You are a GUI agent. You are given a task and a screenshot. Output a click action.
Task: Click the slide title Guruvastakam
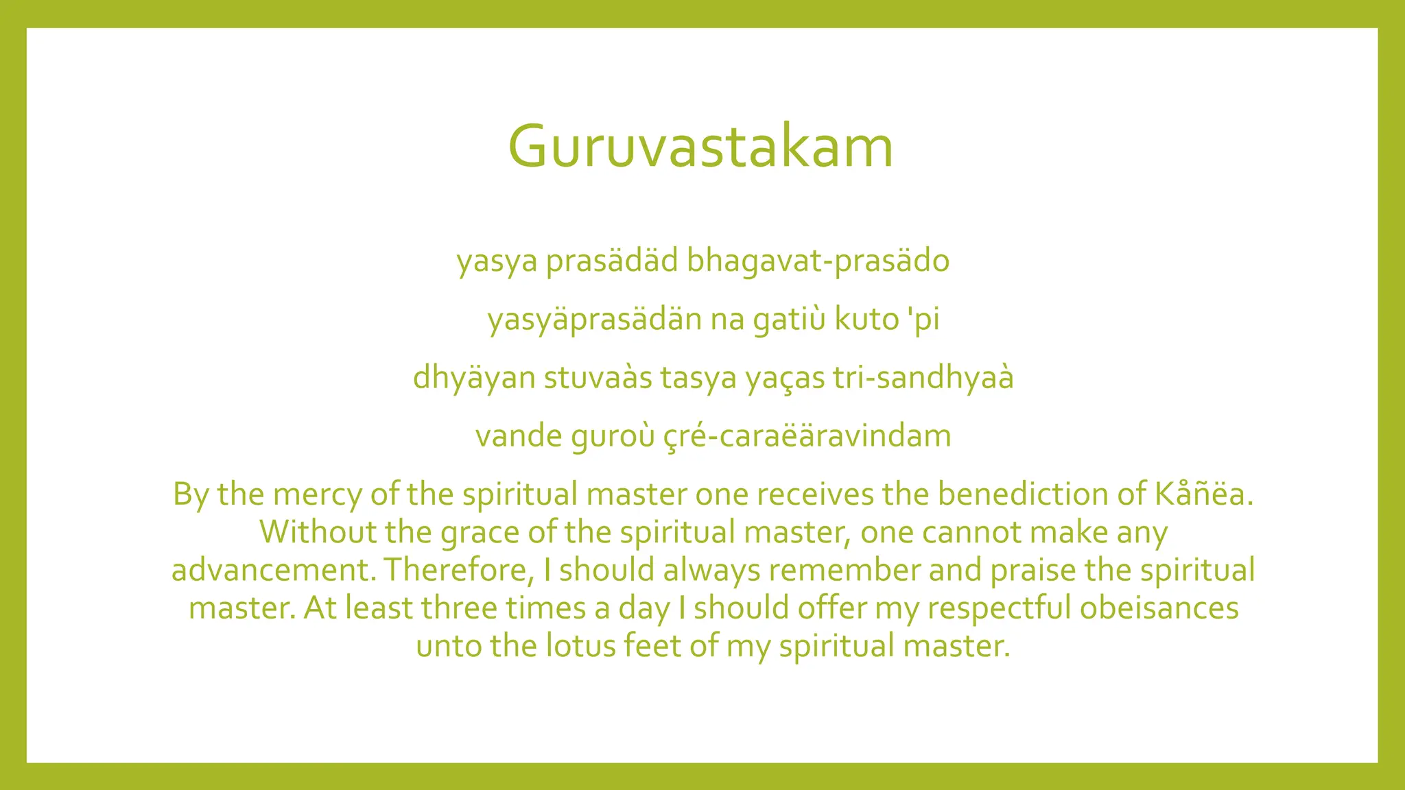(700, 146)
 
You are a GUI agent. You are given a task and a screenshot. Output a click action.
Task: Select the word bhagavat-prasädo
(818, 261)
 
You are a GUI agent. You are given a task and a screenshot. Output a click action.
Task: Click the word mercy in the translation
(316, 494)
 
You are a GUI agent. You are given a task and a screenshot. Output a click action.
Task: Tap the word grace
(480, 533)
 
